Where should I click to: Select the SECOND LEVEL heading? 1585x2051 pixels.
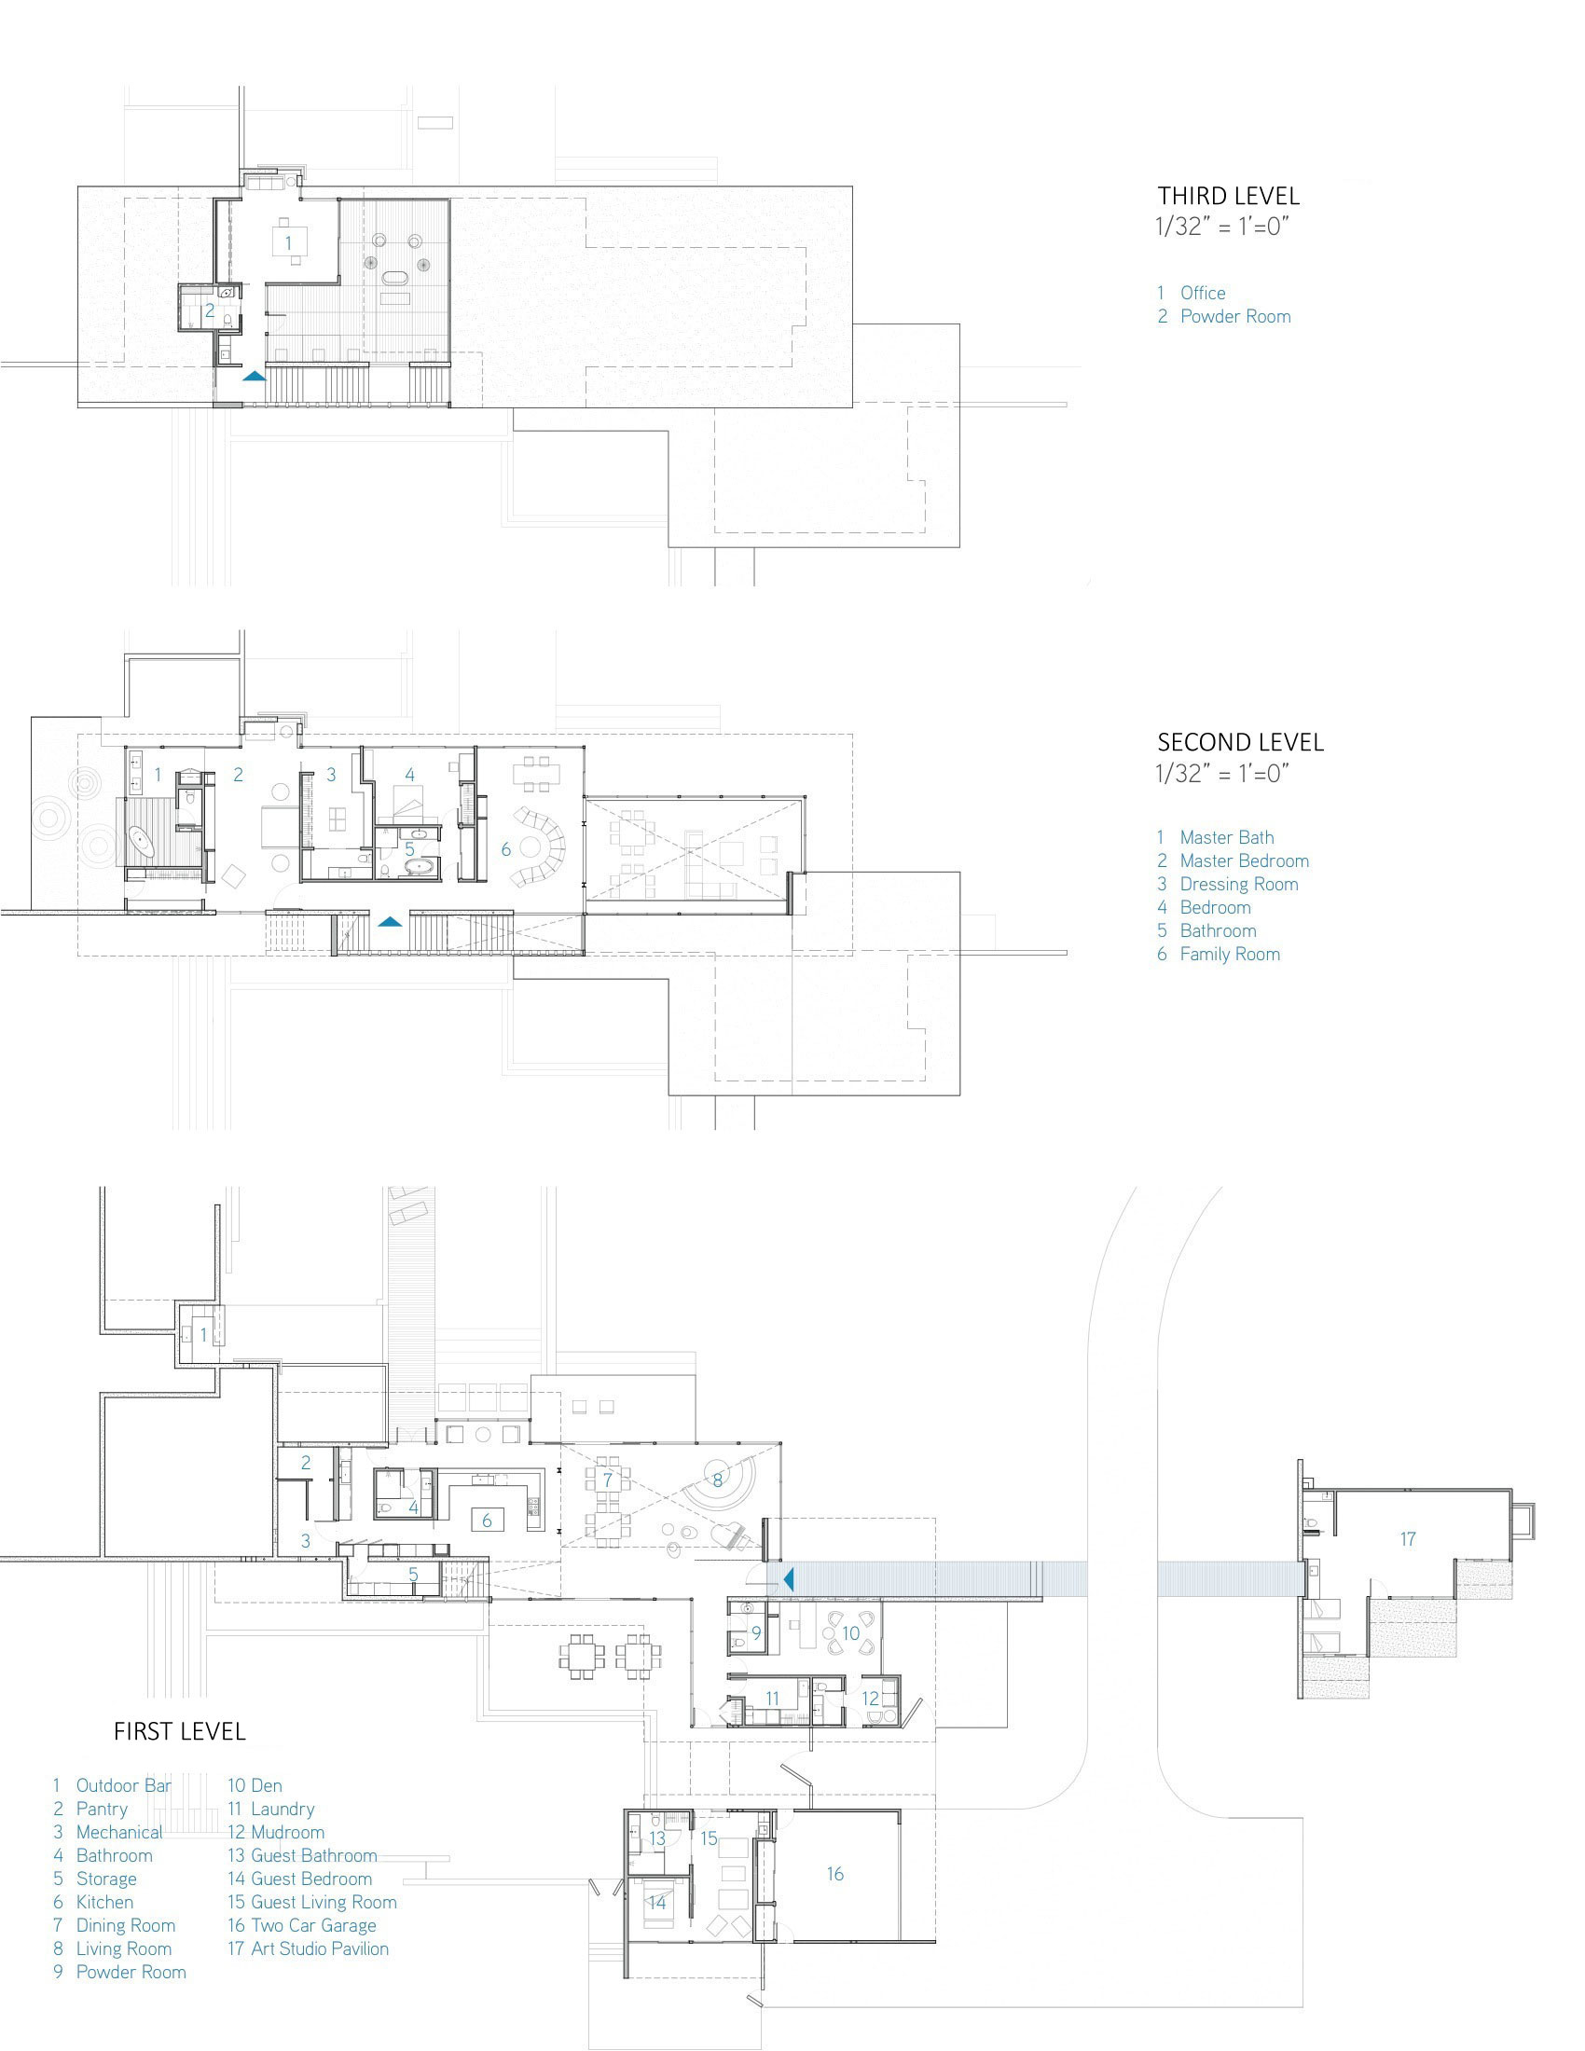(1240, 742)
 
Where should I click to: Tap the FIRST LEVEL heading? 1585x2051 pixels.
(179, 1732)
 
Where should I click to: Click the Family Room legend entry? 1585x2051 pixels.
(1219, 954)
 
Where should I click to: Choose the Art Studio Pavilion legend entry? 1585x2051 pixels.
(308, 1975)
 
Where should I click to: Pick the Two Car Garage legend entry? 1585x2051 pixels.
(301, 1951)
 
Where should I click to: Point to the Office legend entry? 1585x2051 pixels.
(1192, 293)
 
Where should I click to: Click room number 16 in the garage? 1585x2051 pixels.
(834, 1875)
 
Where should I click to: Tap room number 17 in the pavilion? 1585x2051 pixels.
(1408, 1539)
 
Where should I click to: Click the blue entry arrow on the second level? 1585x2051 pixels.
(391, 922)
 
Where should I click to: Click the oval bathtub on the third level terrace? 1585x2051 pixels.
(393, 278)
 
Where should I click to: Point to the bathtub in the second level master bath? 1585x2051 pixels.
(143, 841)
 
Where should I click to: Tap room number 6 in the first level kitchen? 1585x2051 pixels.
(487, 1521)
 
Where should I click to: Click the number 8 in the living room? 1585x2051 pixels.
(717, 1481)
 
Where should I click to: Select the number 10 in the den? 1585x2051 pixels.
(850, 1634)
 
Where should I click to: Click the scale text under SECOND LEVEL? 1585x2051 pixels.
(1221, 774)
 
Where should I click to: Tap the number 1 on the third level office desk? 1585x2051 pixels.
(288, 242)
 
